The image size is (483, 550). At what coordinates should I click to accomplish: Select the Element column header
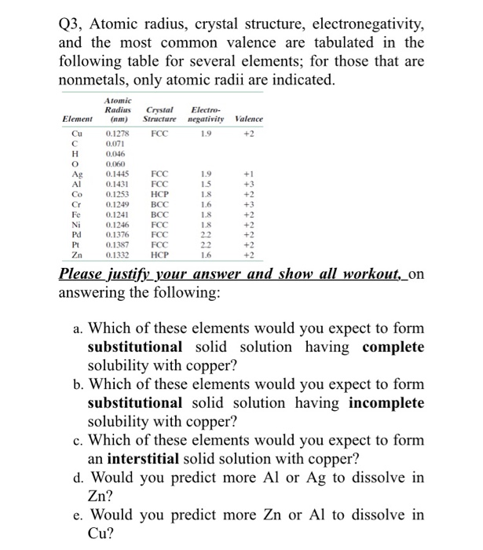[79, 119]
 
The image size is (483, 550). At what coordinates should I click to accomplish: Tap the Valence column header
[248, 119]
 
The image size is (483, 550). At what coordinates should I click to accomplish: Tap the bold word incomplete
[386, 403]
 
